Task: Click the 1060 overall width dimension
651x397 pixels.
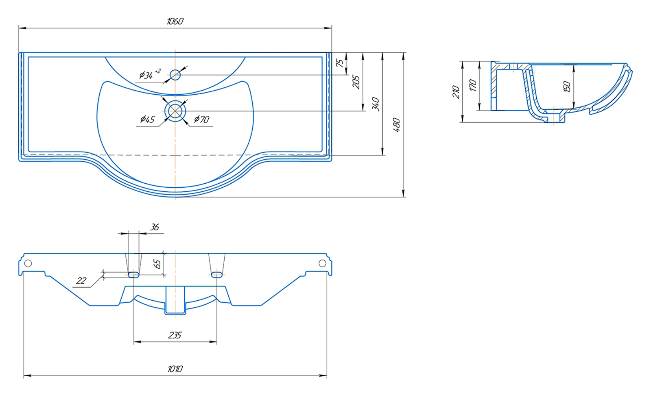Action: tap(175, 21)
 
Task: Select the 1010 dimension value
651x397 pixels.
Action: tap(175, 369)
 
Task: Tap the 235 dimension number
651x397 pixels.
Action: tap(175, 335)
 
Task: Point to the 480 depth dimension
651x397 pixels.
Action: tap(397, 125)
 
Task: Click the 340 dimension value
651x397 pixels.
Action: tap(376, 104)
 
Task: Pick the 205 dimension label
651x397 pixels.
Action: tap(356, 82)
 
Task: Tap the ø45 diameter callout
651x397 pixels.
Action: tap(147, 119)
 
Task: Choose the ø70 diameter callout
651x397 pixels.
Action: tap(201, 119)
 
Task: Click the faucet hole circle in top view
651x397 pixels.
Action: tap(175, 75)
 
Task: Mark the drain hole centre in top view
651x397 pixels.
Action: tap(175, 111)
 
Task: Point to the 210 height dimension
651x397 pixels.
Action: tap(456, 92)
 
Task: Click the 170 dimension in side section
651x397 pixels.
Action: tap(472, 85)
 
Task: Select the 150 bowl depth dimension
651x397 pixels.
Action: tap(567, 87)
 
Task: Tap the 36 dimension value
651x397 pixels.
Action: tap(155, 227)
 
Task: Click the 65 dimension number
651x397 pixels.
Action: tap(157, 264)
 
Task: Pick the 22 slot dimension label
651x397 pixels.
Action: tap(81, 281)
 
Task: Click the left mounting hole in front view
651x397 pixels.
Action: tap(28, 263)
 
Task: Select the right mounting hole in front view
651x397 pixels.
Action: tap(322, 263)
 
